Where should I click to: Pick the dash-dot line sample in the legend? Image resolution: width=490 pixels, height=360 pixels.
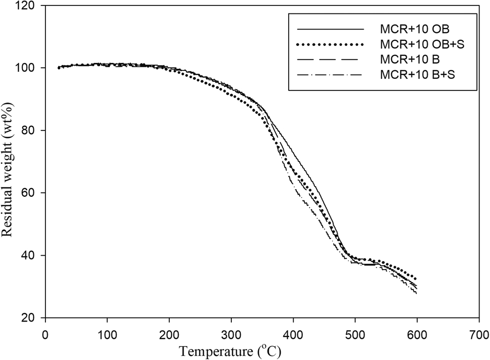coord(331,75)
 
